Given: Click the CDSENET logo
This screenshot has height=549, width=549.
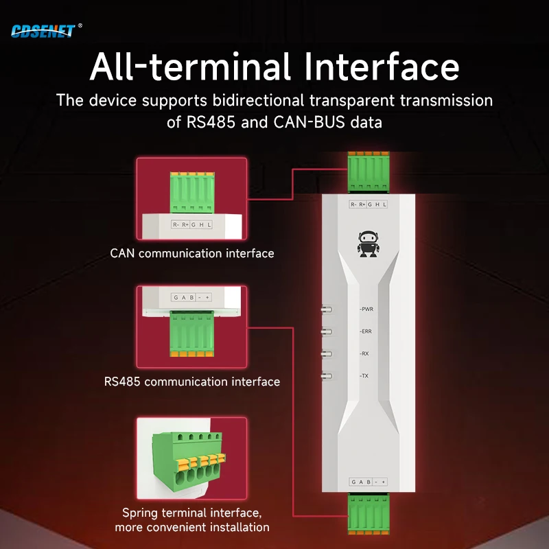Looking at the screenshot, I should click(43, 30).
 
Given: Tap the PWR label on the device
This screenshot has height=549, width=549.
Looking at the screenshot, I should click(367, 309).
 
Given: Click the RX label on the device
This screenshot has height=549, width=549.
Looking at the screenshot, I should click(365, 353).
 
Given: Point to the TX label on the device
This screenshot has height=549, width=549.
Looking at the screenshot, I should click(365, 376).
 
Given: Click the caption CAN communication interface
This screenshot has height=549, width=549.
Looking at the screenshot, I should click(192, 253).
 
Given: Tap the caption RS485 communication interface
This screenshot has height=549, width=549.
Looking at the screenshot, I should click(192, 382).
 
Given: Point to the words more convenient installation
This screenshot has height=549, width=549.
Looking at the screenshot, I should click(192, 527).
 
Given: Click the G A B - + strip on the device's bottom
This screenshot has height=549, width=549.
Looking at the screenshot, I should click(369, 481).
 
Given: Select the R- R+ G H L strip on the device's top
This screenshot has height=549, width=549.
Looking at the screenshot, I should click(369, 205).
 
